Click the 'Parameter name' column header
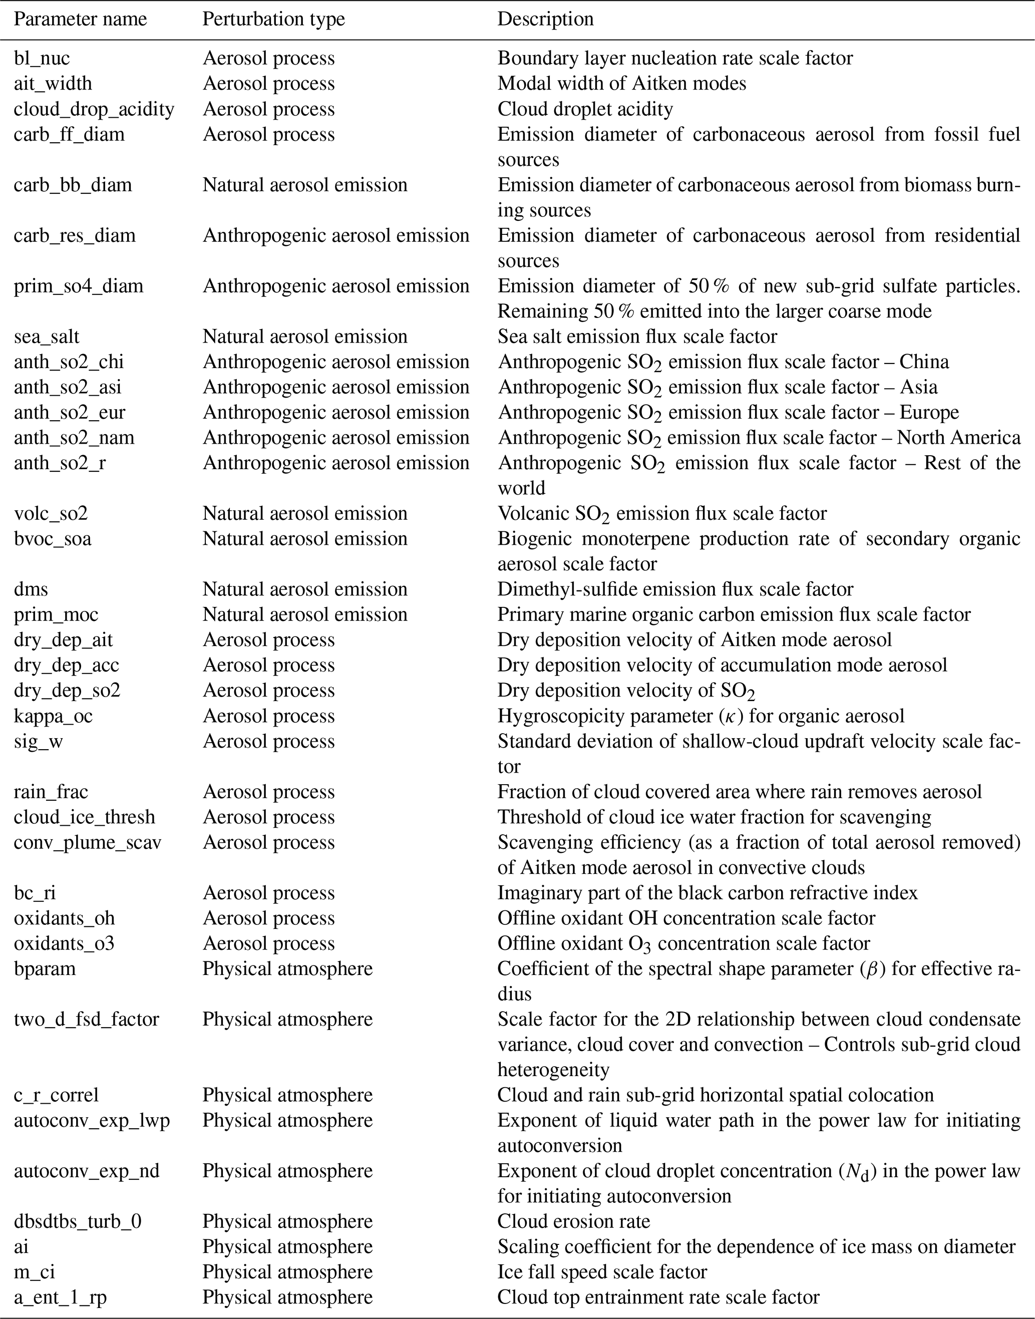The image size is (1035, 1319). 80,19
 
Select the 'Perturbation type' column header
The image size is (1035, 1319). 273,19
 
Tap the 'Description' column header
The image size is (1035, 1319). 545,19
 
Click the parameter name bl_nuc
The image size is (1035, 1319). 42,58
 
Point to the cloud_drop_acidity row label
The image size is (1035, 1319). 94,109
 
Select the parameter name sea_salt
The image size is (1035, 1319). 47,337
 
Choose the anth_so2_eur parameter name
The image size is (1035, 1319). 70,413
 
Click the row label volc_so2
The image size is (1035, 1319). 51,514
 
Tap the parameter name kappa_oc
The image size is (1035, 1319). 53,716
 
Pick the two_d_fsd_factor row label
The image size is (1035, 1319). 87,1019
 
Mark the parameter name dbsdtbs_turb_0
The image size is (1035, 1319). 78,1221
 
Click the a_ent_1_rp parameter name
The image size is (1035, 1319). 61,1297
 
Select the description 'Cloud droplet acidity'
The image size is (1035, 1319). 585,109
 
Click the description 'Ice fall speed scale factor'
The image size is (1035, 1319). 602,1272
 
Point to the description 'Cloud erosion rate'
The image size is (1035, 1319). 573,1221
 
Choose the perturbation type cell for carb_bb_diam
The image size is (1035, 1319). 305,185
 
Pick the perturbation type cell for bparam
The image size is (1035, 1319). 287,969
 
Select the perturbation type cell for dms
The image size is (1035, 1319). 305,589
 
